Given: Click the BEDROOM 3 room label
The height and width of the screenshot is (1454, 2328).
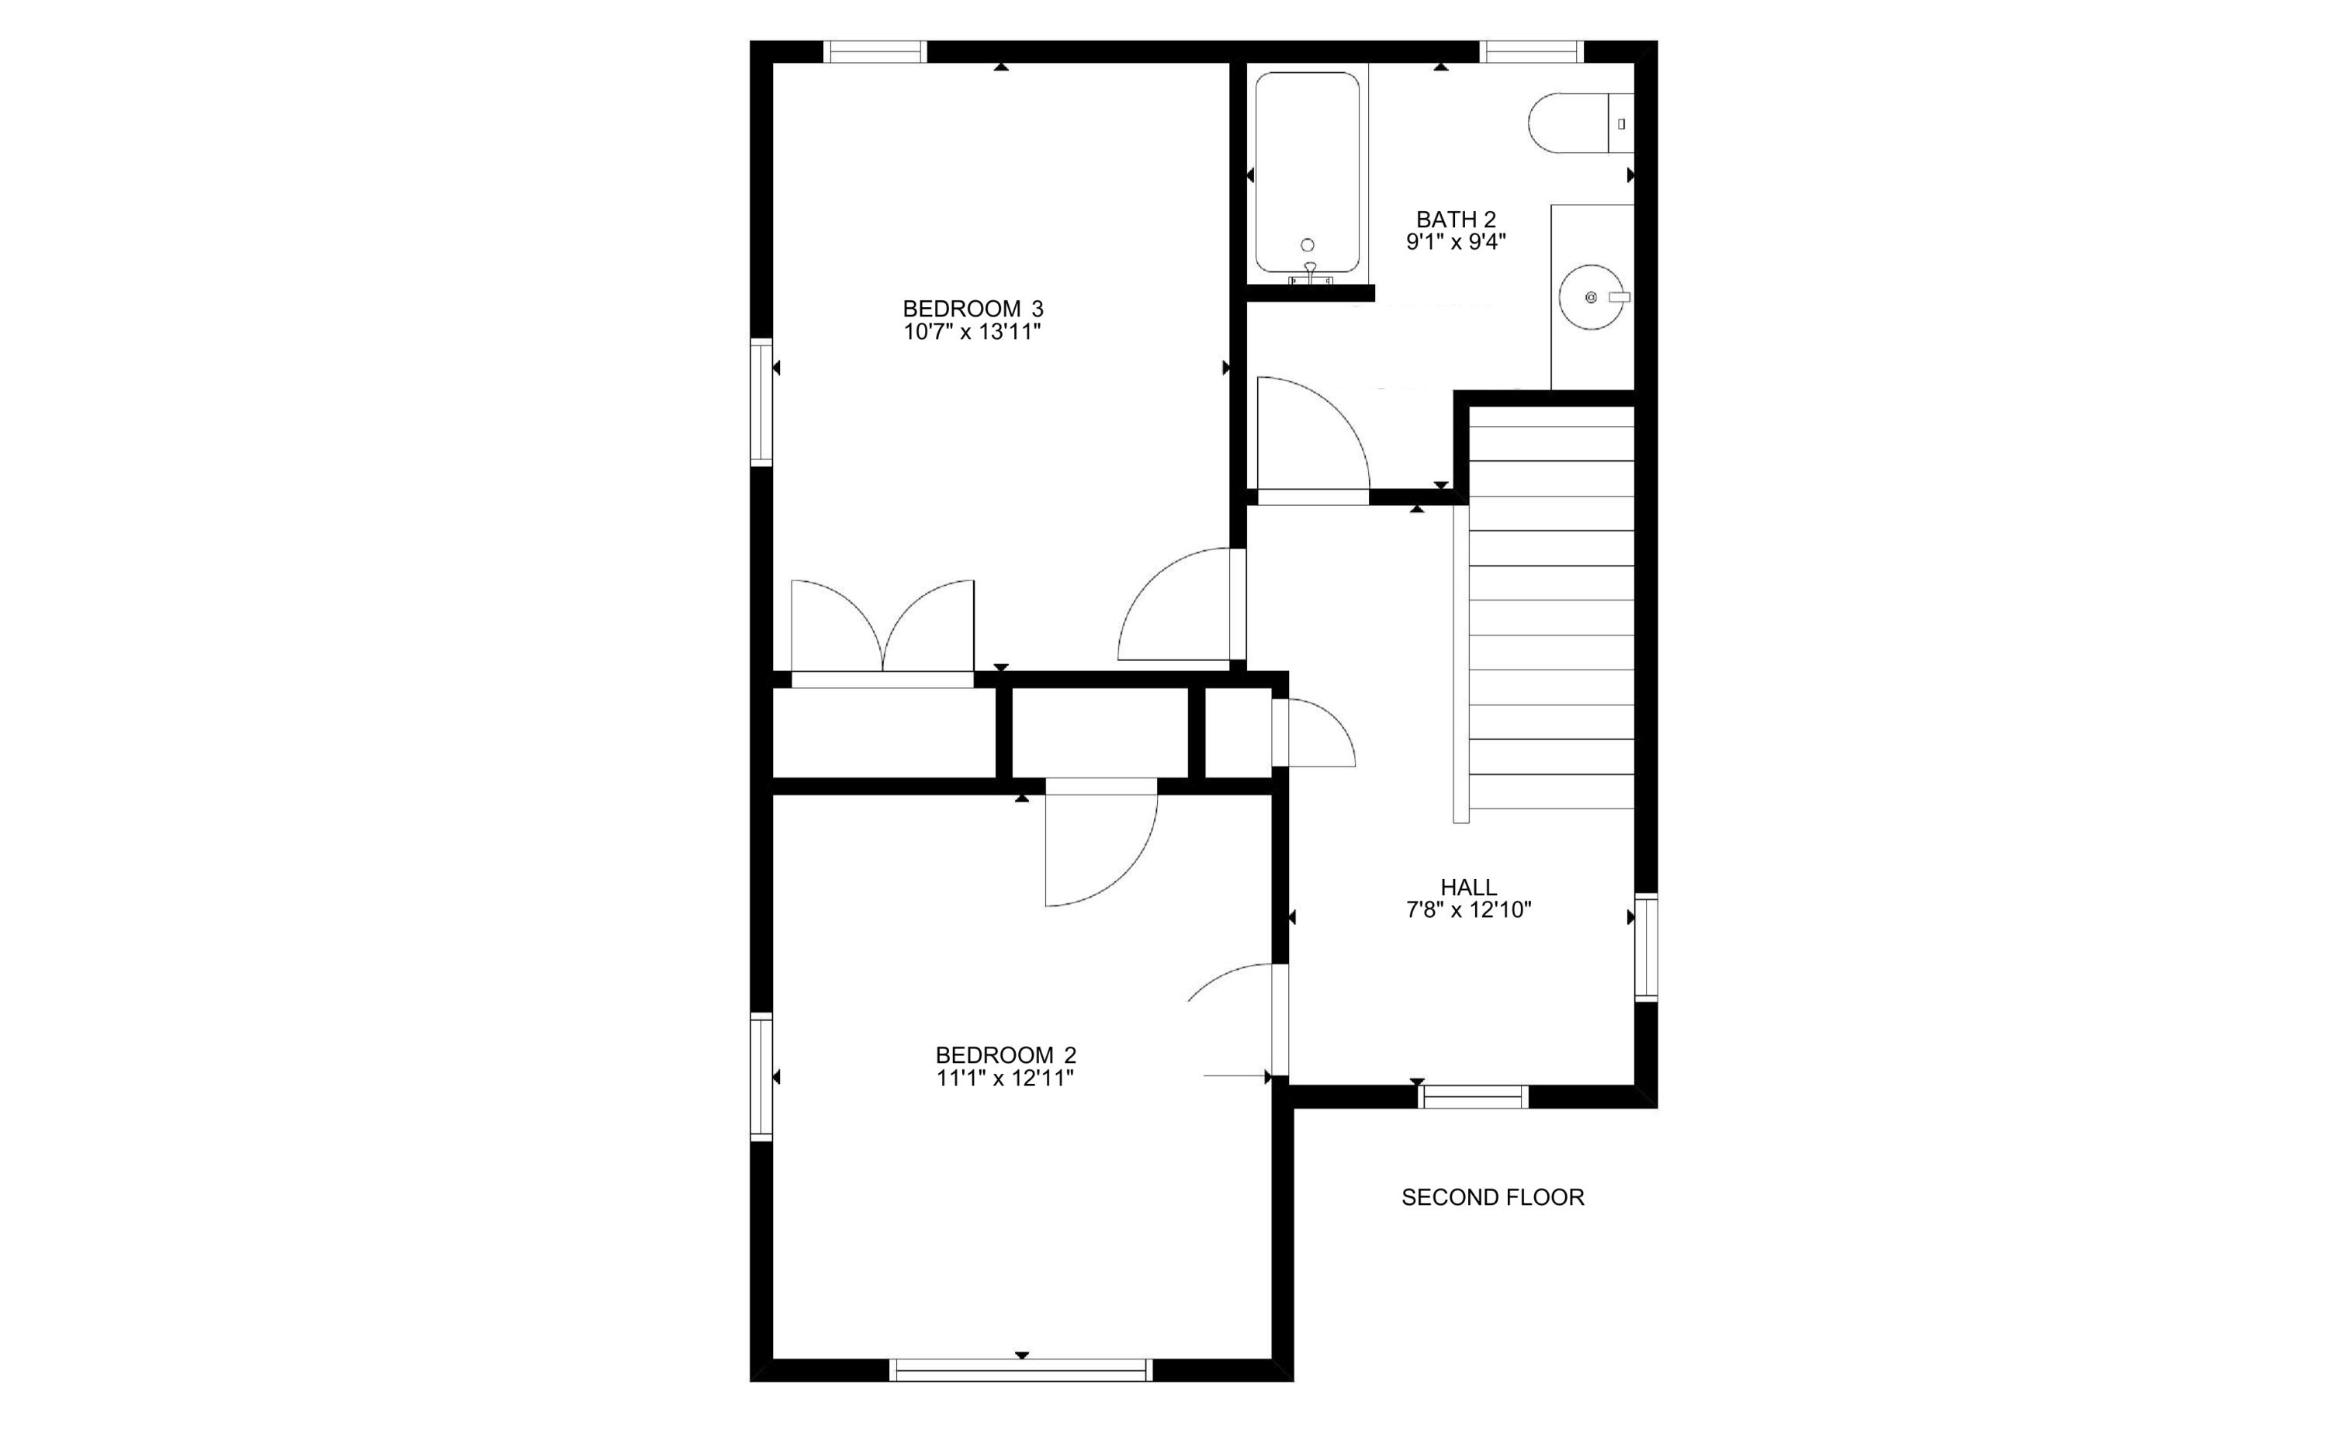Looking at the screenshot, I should point(972,309).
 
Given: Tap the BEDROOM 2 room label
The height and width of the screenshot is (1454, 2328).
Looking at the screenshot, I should point(1005,1055).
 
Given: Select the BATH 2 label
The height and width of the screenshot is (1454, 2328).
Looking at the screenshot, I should point(1455,220).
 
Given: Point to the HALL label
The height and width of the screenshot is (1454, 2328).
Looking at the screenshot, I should point(1467,887).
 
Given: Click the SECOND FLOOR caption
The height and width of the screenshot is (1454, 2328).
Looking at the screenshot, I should point(1492,1197).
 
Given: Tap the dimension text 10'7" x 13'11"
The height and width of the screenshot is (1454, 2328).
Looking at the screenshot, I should point(972,333).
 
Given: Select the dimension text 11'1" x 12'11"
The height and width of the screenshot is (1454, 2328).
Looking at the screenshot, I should point(1005,1078).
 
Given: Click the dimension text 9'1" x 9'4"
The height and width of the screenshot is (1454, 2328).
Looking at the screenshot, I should point(1455,241).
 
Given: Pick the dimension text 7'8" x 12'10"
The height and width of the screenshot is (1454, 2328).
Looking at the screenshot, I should point(1467,909).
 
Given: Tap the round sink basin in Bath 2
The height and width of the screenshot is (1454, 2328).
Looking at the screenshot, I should point(1592,297).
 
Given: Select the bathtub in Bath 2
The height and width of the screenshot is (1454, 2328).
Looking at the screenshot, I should point(1307,173).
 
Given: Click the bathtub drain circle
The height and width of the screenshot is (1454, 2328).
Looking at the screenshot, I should point(1307,245).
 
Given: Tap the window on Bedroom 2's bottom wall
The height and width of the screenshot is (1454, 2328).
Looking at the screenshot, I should point(1021,1369).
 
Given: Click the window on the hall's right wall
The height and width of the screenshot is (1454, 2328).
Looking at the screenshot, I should point(1646,947).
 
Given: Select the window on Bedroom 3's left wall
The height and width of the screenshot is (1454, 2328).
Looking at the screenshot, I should point(761,402).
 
